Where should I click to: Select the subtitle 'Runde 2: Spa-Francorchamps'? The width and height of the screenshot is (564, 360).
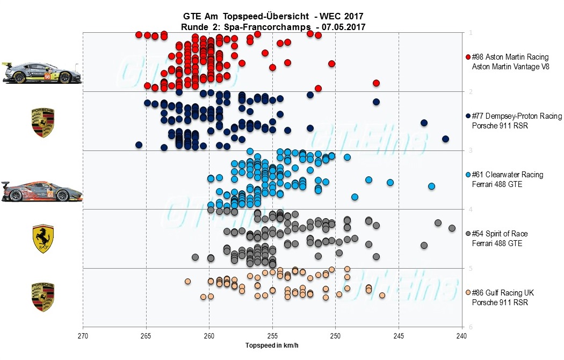pos(247,27)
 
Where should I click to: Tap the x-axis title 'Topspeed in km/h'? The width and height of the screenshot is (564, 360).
pos(272,344)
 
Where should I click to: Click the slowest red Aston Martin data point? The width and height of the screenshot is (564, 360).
pos(377,83)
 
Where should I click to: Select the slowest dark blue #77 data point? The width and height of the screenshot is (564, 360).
pos(445,139)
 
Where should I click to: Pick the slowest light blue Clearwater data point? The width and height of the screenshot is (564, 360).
pos(431,186)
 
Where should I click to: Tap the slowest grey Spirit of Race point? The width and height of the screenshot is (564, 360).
pos(452,228)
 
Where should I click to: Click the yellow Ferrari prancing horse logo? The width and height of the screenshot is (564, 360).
pos(44,239)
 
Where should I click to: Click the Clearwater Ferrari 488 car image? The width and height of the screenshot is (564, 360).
pos(42,191)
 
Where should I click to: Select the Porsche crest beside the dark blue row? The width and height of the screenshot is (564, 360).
pos(44,123)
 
